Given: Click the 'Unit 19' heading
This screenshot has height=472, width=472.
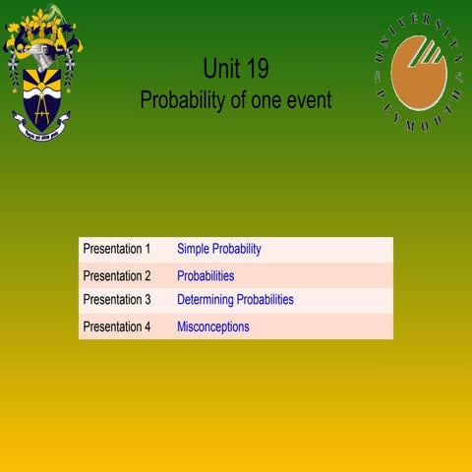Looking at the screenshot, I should click(236, 68).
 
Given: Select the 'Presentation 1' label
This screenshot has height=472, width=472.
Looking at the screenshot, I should click(116, 250).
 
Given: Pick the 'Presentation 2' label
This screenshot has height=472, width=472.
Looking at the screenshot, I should click(116, 276).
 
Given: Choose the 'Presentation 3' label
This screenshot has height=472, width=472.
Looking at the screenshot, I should click(116, 300).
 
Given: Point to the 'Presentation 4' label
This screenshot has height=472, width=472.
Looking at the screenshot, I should click(116, 326).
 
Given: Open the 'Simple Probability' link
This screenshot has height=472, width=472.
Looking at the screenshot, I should click(218, 250).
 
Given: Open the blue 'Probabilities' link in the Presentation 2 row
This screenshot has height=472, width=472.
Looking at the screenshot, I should click(206, 276).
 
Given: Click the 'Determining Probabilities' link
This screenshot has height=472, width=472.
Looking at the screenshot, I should click(235, 300).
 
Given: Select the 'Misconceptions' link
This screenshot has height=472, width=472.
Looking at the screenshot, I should click(212, 326).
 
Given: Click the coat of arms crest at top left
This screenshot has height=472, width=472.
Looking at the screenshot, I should click(41, 74).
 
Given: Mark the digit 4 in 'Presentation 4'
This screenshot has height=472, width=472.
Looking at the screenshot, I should click(147, 326).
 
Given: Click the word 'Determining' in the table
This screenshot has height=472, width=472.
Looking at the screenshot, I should click(208, 300).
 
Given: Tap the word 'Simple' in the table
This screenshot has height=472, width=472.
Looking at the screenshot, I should click(193, 250).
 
